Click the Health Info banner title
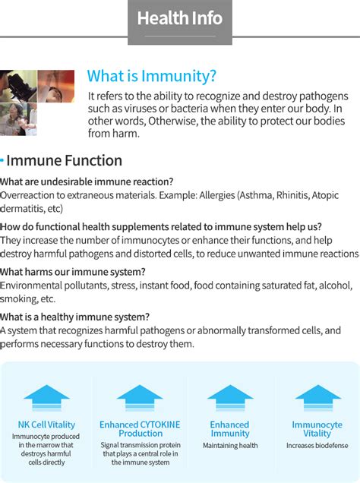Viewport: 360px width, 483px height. click(180, 18)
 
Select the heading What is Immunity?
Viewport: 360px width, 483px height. click(151, 76)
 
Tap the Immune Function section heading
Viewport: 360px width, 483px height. click(64, 160)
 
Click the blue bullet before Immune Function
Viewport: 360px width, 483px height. click(2, 160)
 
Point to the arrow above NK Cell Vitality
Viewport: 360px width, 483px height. click(47, 398)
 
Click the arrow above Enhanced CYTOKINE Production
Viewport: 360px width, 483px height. click(140, 398)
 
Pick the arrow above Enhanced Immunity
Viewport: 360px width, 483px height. click(230, 398)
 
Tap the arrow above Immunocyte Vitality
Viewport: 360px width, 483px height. click(318, 398)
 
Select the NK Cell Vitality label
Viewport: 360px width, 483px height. click(46, 425)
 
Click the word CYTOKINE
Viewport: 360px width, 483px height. click(159, 425)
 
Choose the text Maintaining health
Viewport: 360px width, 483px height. click(230, 446)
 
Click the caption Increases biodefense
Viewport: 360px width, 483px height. click(317, 446)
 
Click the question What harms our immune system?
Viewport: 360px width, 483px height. click(73, 272)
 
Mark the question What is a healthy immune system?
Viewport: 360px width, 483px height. click(75, 317)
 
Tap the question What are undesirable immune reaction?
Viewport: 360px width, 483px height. click(87, 182)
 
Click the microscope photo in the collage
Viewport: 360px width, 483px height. click(18, 86)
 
